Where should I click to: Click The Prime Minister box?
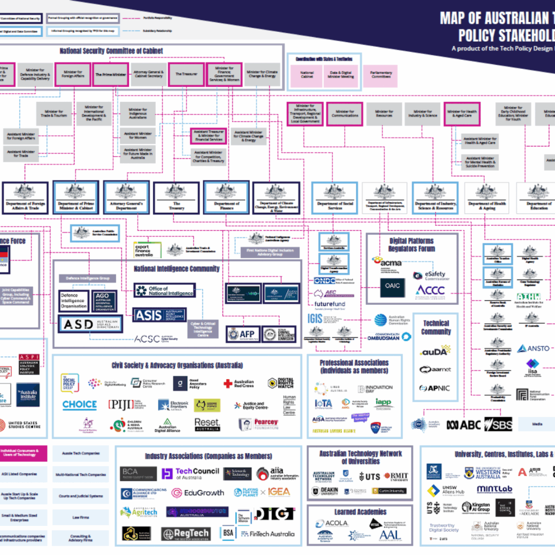[111, 74]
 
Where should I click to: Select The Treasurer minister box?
[186, 74]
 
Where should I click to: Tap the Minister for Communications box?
[345, 114]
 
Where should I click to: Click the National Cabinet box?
[307, 75]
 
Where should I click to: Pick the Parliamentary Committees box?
[381, 75]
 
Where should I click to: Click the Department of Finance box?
[227, 197]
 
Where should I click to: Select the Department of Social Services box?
[335, 197]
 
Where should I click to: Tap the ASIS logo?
[159, 315]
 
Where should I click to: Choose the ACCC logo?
[430, 290]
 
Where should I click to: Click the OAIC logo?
[392, 286]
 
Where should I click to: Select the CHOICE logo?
[80, 405]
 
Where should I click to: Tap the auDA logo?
[435, 351]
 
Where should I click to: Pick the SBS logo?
[499, 425]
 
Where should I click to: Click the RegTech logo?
[185, 534]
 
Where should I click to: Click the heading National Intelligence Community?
[177, 269]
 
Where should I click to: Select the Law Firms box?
[80, 518]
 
